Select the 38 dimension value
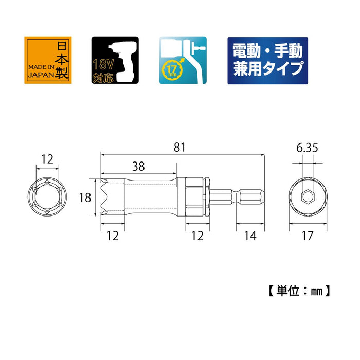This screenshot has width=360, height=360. coord(138,167)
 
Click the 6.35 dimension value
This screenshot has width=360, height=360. coord(307,149)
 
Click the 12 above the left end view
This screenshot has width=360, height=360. coord(47,160)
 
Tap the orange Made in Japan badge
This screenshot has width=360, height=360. coord(47,60)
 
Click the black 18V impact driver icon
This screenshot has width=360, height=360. coord(115,60)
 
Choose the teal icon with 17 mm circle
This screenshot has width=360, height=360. coord(184,60)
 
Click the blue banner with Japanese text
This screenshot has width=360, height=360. coord(267,60)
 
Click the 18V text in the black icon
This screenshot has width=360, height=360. coord(102,65)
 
